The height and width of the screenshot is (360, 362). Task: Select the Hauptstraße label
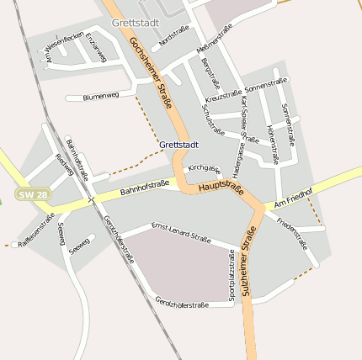pos(221,188)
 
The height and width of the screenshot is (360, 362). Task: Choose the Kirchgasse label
pos(205,169)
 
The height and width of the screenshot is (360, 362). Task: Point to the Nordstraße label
pos(173,35)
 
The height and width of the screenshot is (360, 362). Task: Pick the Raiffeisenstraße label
pos(36,229)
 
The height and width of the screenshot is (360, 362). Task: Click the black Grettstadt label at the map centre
pos(179,145)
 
